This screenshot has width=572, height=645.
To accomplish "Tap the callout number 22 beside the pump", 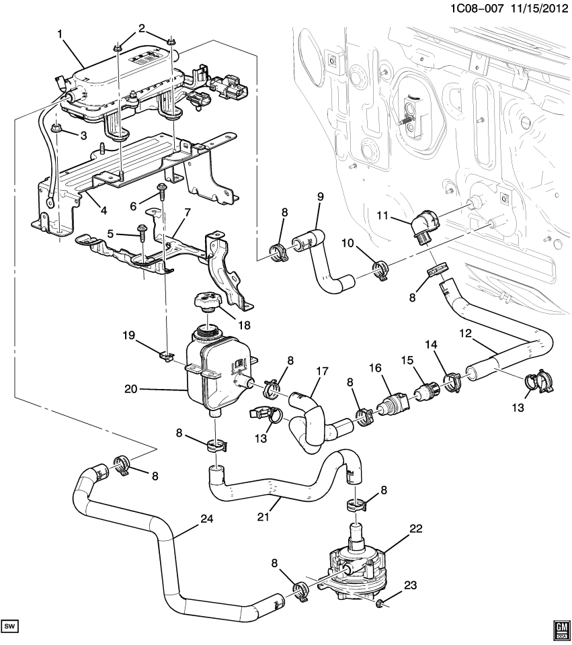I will [416, 529].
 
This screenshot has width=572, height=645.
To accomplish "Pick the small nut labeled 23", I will [381, 603].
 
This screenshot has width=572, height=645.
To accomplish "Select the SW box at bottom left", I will [10, 627].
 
